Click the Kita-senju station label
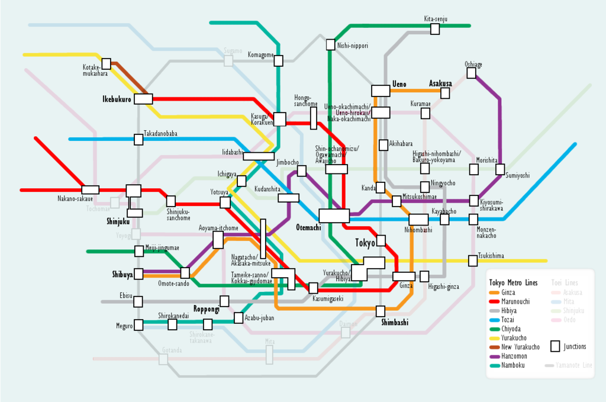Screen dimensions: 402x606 pyautogui.click(x=435, y=19)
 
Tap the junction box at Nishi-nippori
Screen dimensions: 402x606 pyautogui.click(x=331, y=44)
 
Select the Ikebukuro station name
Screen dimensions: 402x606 pyautogui.click(x=117, y=99)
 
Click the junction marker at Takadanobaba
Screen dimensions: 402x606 pyautogui.click(x=138, y=139)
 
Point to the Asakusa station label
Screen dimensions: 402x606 pyautogui.click(x=440, y=83)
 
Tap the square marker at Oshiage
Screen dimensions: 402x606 pyautogui.click(x=471, y=73)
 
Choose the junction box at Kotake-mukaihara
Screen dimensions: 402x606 pyautogui.click(x=107, y=63)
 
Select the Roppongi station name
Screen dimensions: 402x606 pyautogui.click(x=207, y=309)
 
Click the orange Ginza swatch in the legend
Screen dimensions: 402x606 pyautogui.click(x=494, y=292)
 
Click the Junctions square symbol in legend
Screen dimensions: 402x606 pyautogui.click(x=555, y=346)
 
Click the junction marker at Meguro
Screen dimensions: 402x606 pyautogui.click(x=138, y=325)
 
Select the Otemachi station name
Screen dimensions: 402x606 pyautogui.click(x=308, y=227)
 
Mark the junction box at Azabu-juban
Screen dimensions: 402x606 pyautogui.click(x=238, y=318)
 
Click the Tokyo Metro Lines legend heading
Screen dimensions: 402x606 pyautogui.click(x=513, y=282)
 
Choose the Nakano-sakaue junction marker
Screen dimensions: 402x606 pyautogui.click(x=91, y=190)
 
